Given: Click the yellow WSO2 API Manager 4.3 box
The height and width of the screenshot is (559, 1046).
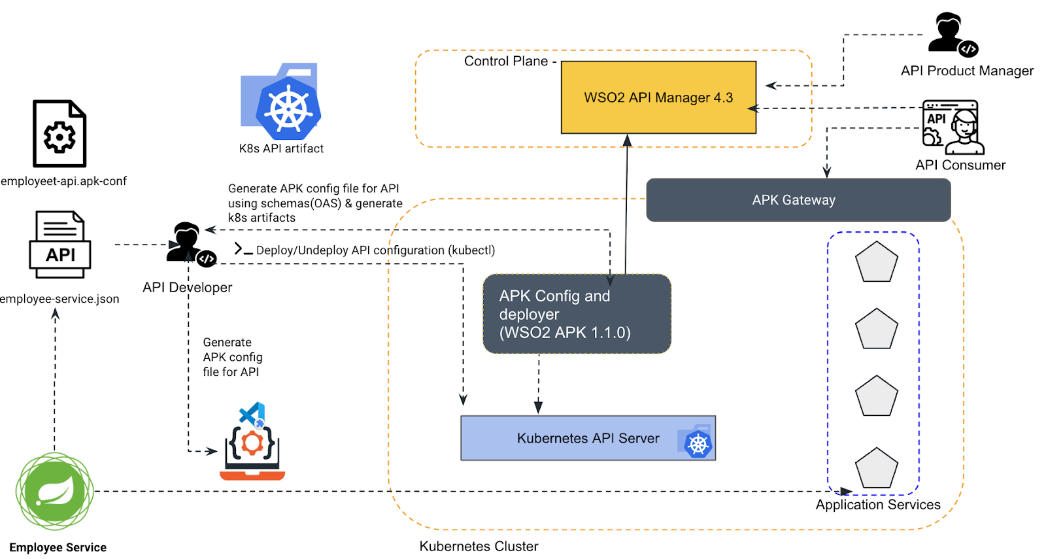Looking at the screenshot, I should [x=658, y=97].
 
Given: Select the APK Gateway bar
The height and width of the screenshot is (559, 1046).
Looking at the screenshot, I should [x=798, y=200].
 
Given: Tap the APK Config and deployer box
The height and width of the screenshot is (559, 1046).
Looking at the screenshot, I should [x=577, y=314].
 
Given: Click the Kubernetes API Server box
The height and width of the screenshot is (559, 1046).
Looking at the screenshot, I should [x=588, y=438].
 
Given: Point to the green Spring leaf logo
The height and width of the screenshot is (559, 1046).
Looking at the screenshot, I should [x=55, y=491].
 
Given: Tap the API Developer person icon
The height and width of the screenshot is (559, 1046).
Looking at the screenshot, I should [x=189, y=244].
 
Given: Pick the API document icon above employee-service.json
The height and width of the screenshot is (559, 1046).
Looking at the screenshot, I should [x=60, y=244].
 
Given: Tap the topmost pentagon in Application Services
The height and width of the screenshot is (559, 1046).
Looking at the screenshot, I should [x=876, y=262].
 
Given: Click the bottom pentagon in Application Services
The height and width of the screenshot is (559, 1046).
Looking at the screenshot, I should [x=876, y=468].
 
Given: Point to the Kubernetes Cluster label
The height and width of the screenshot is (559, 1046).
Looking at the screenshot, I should [x=479, y=547].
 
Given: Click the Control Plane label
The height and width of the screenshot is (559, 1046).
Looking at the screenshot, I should [x=505, y=61].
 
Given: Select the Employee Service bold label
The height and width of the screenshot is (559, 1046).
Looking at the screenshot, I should [x=58, y=548].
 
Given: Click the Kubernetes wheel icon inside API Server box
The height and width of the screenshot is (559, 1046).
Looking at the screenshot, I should [x=698, y=443].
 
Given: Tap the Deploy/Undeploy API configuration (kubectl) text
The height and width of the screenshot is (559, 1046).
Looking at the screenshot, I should [x=375, y=250].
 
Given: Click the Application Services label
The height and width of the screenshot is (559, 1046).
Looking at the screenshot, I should [x=877, y=505].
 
